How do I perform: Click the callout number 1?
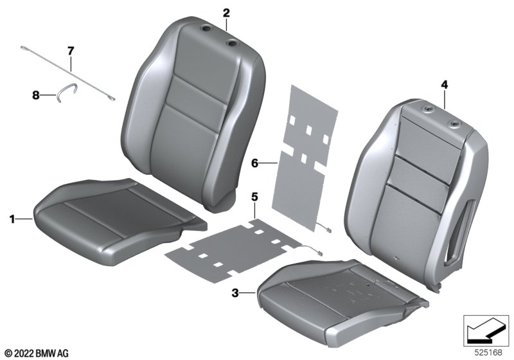coord(12,219)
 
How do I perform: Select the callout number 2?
coord(227,13)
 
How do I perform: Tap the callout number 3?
coord(235,292)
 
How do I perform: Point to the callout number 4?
coord(444,85)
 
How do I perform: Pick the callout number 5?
coord(254,197)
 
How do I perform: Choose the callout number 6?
coord(254,163)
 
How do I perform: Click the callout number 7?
coord(71,51)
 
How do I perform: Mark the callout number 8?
coord(36,95)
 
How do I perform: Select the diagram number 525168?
coord(488,352)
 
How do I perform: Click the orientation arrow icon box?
coord(486,330)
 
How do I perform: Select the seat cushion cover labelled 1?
coord(120,221)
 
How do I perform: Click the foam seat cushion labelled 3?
coord(342,299)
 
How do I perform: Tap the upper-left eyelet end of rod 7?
coord(23,48)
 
